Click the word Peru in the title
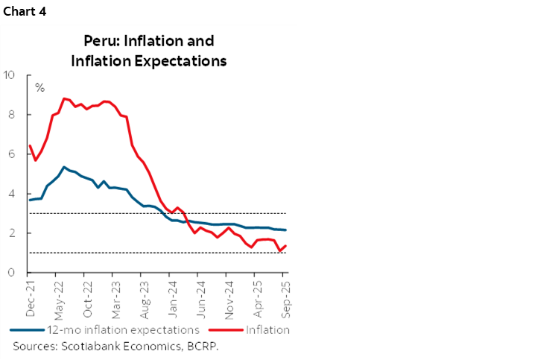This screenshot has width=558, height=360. [100, 41]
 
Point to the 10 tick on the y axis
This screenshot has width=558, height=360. [10, 75]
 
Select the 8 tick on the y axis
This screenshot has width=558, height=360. [13, 114]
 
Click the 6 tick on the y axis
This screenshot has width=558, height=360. [13, 154]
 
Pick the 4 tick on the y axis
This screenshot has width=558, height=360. [13, 193]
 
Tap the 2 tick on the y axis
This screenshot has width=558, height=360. [13, 233]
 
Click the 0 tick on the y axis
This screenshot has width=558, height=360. [13, 273]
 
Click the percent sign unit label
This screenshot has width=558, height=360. [39, 88]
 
